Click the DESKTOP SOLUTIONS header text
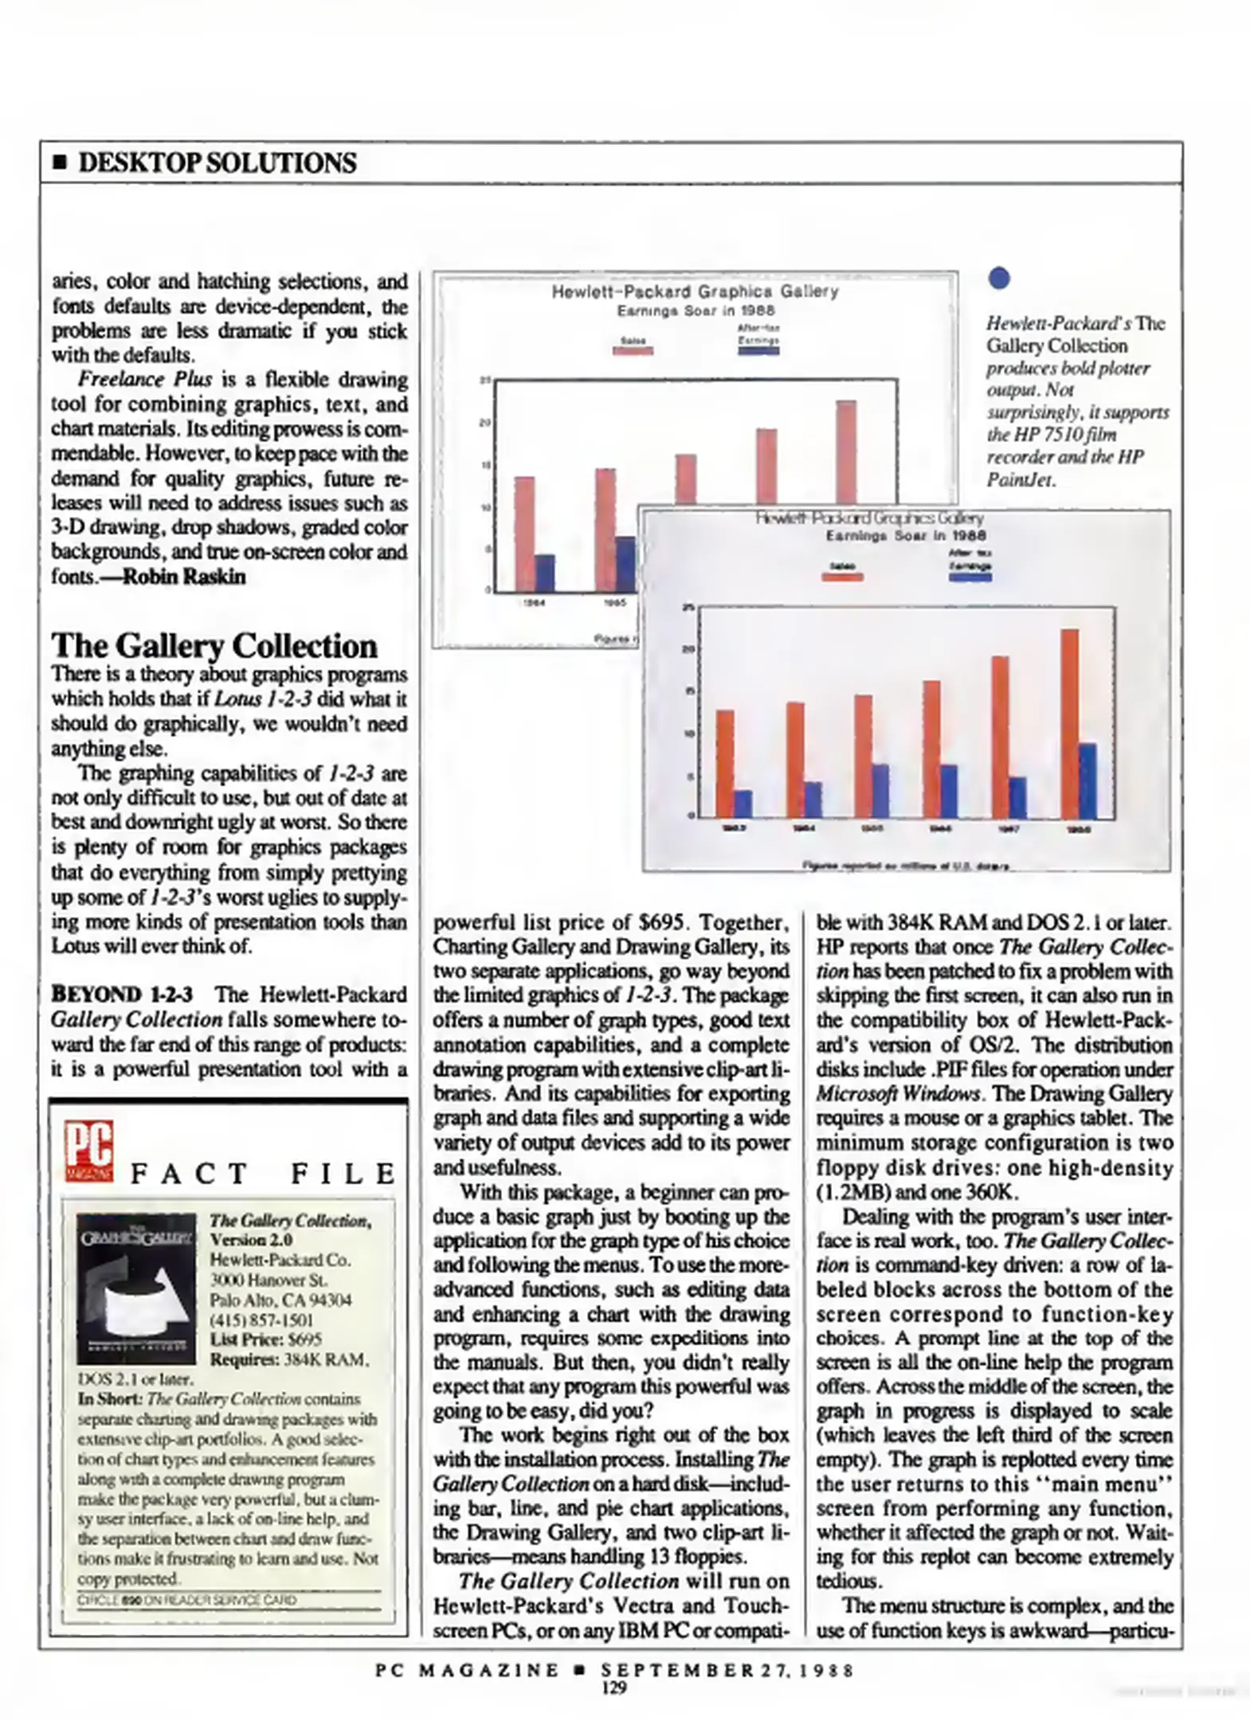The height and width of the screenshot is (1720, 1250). tap(217, 162)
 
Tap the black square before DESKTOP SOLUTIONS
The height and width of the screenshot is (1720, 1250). tap(59, 163)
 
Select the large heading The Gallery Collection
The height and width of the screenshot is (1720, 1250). tap(214, 645)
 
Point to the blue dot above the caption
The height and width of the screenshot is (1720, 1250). tap(998, 278)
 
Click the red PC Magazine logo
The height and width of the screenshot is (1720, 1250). tap(89, 1151)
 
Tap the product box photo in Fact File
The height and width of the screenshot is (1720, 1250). tap(136, 1288)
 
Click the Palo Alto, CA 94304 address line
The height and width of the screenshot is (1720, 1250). tap(280, 1300)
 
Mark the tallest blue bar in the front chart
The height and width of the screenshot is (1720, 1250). tap(1087, 780)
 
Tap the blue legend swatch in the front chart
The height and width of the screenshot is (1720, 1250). tap(970, 577)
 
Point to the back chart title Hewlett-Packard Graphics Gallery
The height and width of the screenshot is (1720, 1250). tap(695, 291)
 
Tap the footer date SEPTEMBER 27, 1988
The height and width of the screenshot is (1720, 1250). tap(727, 1670)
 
